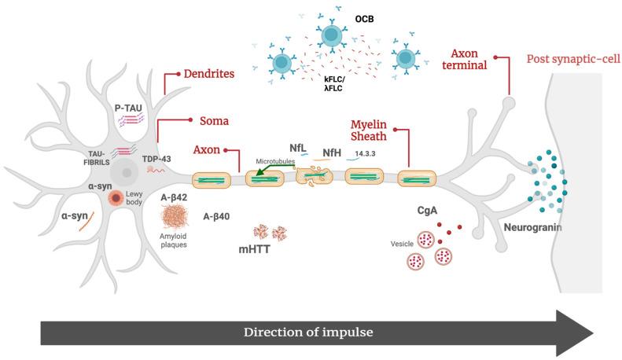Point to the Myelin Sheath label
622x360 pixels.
click(x=369, y=130)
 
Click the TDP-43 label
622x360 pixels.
click(x=157, y=157)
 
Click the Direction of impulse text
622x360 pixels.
click(x=309, y=332)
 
